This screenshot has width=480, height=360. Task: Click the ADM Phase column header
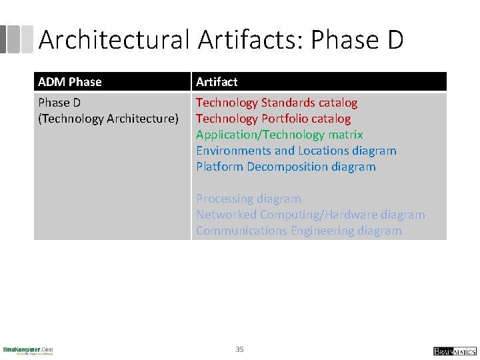coord(70,82)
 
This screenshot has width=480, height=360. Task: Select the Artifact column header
coord(217,82)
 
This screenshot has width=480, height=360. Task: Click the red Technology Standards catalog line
coord(277,103)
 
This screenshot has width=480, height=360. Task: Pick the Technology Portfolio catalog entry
coord(273,119)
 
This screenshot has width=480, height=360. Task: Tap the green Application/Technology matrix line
coord(279,135)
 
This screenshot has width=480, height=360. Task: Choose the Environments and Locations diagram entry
coord(296,151)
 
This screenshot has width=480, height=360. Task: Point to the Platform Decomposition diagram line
coord(286,167)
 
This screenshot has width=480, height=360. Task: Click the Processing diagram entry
coord(249,199)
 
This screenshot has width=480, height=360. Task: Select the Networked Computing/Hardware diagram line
coord(310,215)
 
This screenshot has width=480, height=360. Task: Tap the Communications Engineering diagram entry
coord(299,231)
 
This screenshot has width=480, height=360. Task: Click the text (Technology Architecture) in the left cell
coord(109,119)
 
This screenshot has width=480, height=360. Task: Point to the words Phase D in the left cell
coord(59,103)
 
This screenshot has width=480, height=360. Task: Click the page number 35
coord(239,349)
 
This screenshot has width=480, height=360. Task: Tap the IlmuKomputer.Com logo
coord(28,350)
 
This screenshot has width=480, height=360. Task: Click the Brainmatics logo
coord(455,351)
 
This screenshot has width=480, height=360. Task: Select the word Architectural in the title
coord(115,40)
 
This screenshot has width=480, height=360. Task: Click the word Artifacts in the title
coord(249,40)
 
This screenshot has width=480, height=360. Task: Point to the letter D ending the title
coord(394,40)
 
